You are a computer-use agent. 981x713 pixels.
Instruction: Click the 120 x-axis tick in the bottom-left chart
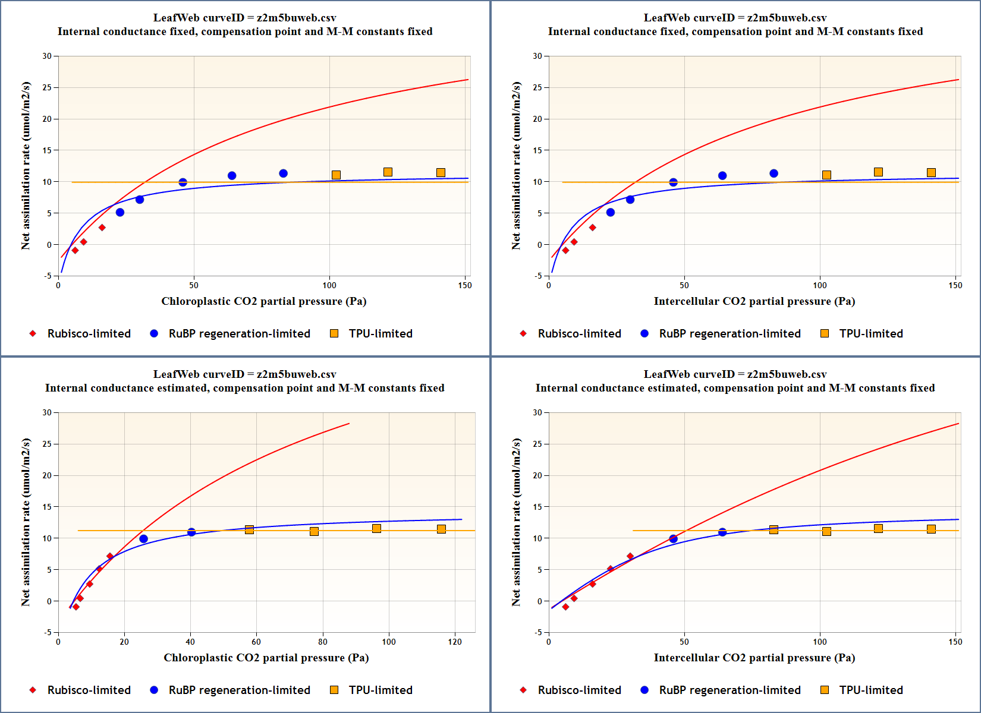pyautogui.click(x=455, y=642)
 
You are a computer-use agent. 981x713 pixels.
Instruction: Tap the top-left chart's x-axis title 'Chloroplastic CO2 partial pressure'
pyautogui.click(x=263, y=301)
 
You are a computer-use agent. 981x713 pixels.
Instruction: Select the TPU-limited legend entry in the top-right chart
pyautogui.click(x=861, y=333)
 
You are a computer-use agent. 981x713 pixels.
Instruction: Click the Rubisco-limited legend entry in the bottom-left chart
pyautogui.click(x=80, y=690)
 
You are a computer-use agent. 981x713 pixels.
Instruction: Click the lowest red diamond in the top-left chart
pyautogui.click(x=75, y=250)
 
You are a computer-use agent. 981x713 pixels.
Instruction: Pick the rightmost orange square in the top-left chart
pyautogui.click(x=441, y=172)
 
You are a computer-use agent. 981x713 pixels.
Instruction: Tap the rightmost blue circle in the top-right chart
pyautogui.click(x=774, y=173)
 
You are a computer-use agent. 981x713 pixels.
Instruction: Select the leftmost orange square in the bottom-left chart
pyautogui.click(x=249, y=529)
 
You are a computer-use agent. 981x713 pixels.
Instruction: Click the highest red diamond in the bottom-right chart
pyautogui.click(x=630, y=556)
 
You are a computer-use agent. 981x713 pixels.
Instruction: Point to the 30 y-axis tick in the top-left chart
pyautogui.click(x=47, y=56)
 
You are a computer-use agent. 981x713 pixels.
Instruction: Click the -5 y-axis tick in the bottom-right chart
pyautogui.click(x=537, y=632)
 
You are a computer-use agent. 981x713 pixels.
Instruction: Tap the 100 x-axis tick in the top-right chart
pyautogui.click(x=820, y=285)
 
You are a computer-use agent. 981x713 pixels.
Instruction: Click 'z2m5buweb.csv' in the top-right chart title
pyautogui.click(x=787, y=18)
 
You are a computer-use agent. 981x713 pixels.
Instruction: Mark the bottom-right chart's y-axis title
pyautogui.click(x=516, y=522)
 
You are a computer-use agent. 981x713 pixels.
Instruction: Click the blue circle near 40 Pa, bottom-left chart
pyautogui.click(x=191, y=532)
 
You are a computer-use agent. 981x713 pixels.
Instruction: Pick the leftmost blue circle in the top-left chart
pyautogui.click(x=120, y=212)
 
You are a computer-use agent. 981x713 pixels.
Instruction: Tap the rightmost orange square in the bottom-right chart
pyautogui.click(x=931, y=529)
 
